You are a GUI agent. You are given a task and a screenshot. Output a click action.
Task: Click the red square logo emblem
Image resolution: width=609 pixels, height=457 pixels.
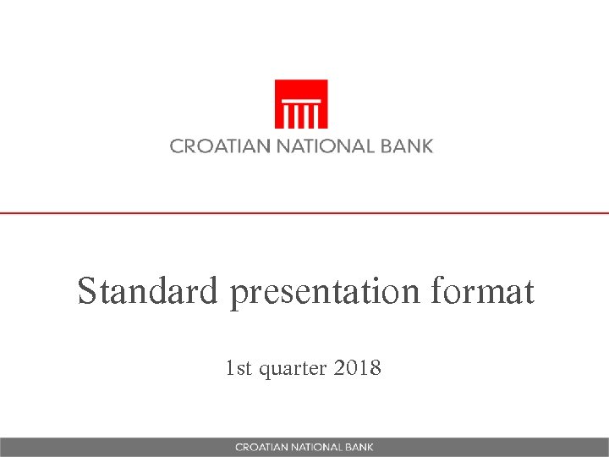click(301, 104)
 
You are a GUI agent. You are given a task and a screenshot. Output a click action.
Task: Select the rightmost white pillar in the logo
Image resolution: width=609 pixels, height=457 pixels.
click(315, 114)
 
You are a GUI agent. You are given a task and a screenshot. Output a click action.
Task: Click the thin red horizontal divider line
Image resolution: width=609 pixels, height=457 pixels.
click(304, 212)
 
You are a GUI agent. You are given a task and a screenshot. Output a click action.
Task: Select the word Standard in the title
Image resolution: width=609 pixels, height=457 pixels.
click(149, 292)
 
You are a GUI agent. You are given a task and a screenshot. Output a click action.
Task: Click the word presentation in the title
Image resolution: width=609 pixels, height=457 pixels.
click(326, 293)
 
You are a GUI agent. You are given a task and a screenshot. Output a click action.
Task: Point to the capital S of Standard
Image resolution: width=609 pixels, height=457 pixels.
click(86, 292)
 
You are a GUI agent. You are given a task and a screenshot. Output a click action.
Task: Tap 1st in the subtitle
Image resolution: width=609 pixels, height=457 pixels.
click(239, 368)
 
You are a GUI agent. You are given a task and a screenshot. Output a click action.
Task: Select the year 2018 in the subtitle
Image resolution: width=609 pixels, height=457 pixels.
click(359, 368)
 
